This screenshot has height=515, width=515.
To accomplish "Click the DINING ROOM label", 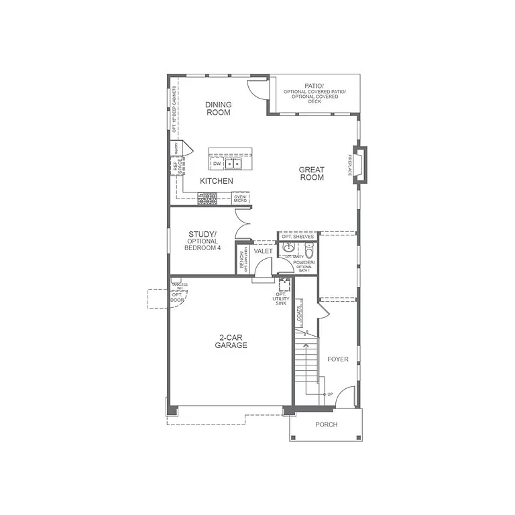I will (x=218, y=108).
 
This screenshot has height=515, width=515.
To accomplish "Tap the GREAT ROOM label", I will (x=311, y=174).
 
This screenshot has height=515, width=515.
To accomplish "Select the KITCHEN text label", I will (x=217, y=181).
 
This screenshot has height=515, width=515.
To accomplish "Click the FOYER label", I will (x=337, y=359).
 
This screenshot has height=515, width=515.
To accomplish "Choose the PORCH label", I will (x=326, y=424).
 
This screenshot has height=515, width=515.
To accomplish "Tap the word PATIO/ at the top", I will (x=314, y=86).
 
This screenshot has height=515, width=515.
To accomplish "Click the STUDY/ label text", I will (x=202, y=234).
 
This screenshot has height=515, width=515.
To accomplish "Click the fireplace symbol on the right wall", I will (x=360, y=164).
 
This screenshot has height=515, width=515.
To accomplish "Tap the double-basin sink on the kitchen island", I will (x=233, y=163).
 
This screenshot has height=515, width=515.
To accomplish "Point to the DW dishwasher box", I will (x=217, y=163).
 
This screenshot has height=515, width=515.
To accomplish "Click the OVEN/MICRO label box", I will (x=240, y=198).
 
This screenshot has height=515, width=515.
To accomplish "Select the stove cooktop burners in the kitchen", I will (x=207, y=198).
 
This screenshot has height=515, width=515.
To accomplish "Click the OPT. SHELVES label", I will (x=298, y=237).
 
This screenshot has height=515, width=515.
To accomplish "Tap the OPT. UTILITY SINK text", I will (x=281, y=298).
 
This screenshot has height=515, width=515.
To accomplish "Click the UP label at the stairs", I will (x=330, y=394).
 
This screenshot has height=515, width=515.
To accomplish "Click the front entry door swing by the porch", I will (x=345, y=398).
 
